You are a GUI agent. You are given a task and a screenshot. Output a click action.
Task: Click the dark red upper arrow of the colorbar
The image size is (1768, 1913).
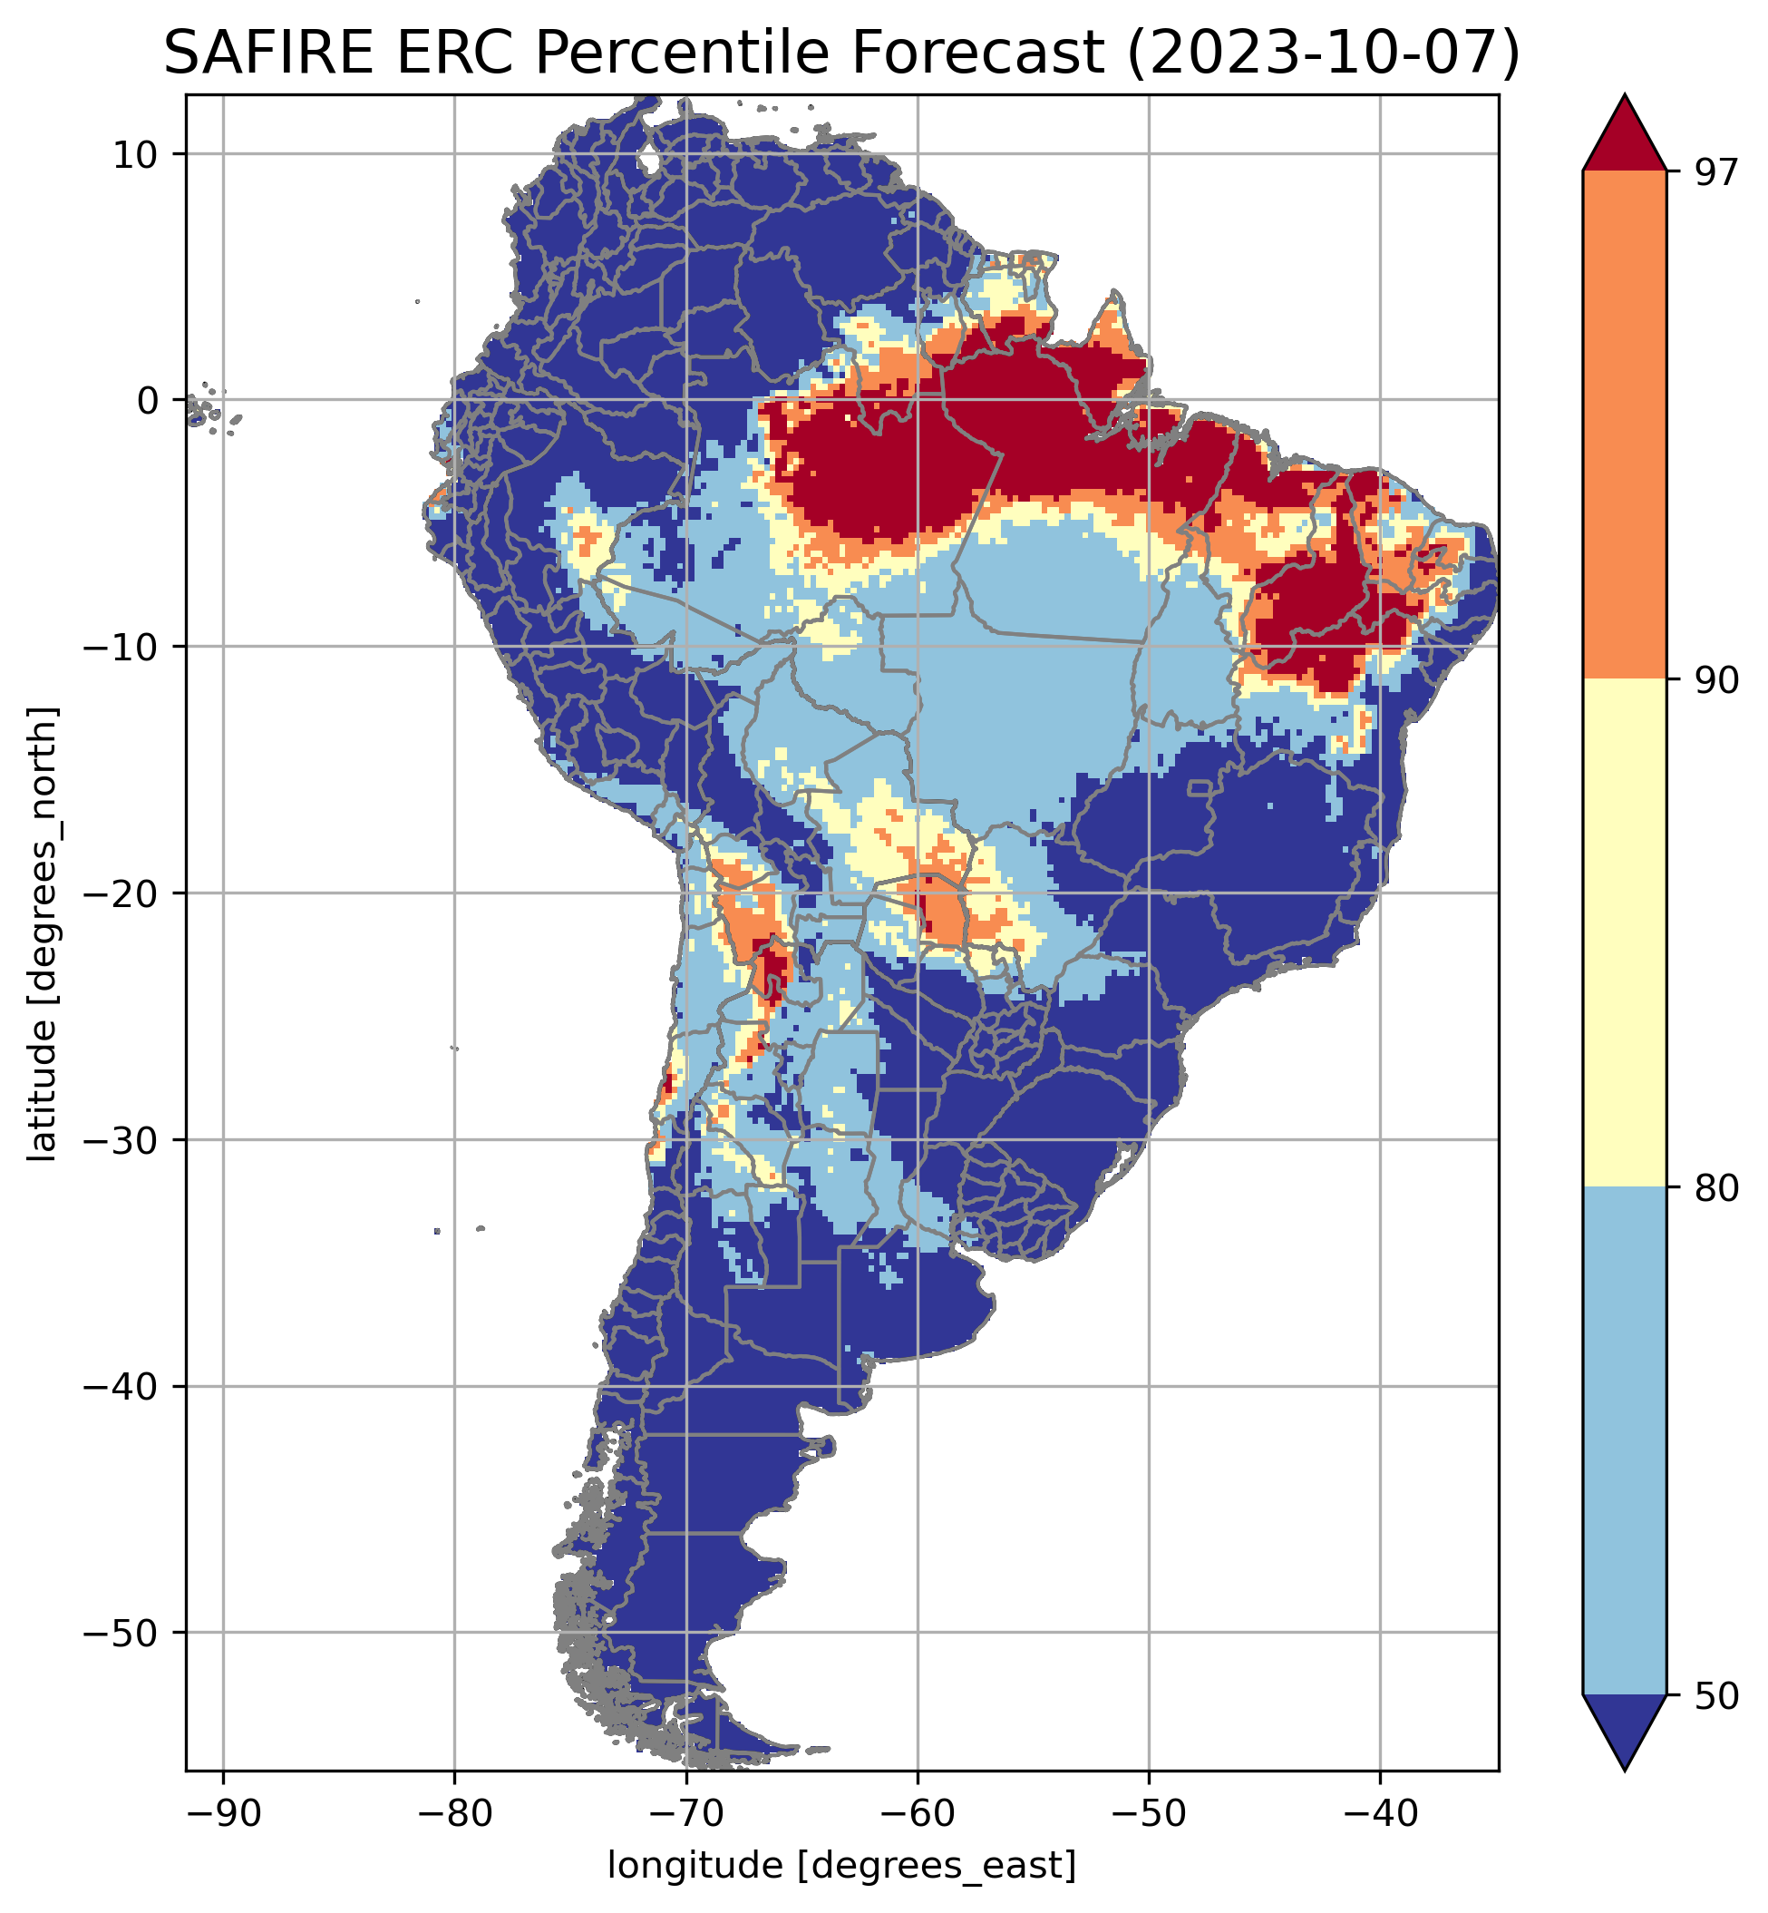pyautogui.click(x=1625, y=139)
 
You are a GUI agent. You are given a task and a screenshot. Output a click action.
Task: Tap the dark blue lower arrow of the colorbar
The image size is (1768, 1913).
pyautogui.click(x=1625, y=1727)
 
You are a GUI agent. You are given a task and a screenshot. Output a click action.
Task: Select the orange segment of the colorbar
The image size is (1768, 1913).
pyautogui.click(x=1625, y=425)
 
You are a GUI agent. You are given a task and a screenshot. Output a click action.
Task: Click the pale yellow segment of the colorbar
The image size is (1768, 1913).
pyautogui.click(x=1625, y=933)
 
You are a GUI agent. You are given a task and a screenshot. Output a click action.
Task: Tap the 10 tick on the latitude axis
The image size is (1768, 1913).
pyautogui.click(x=136, y=154)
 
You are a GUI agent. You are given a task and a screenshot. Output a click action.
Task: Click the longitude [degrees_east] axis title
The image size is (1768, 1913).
pyautogui.click(x=842, y=1864)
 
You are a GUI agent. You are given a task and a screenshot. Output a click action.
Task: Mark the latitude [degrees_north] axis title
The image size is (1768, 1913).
pyautogui.click(x=43, y=934)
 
